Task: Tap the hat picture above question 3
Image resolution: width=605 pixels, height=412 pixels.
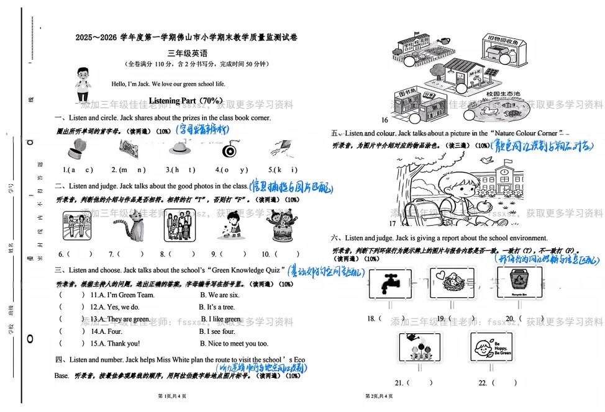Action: pyautogui.click(x=179, y=149)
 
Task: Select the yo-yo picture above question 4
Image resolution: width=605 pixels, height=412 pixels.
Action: pyautogui.click(x=230, y=150)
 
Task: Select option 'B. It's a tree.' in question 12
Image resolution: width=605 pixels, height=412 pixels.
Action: pyautogui.click(x=217, y=307)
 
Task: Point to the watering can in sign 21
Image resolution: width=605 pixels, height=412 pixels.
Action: pyautogui.click(x=412, y=338)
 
